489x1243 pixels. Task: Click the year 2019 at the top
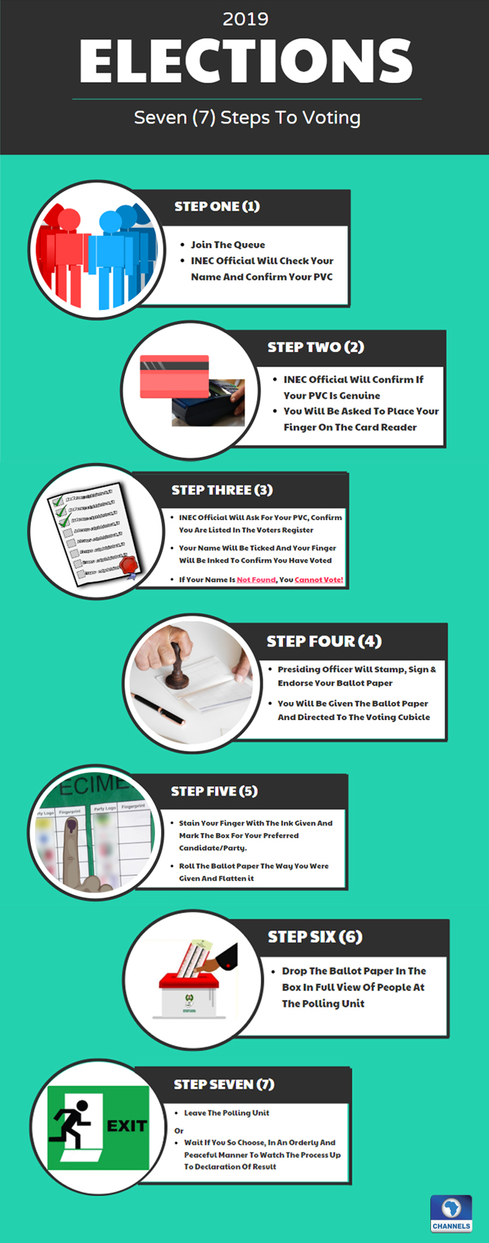coord(245,19)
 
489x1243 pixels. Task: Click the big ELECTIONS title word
coord(245,62)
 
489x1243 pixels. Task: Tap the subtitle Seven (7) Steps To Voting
coord(247,117)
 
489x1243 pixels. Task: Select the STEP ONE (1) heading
coord(217,206)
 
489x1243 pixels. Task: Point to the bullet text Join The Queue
coord(227,245)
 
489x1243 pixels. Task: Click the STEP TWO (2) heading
coord(315,347)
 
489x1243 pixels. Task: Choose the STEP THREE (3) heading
coord(222,490)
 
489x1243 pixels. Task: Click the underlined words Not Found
coord(256,579)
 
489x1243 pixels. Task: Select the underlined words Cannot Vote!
coord(319,579)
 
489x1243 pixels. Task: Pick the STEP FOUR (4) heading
coord(323,641)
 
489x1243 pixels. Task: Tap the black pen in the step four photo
coord(157,708)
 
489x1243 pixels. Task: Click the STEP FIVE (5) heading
coord(214,791)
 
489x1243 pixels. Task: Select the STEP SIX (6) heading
coord(314,937)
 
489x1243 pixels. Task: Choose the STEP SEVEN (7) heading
coord(223,1084)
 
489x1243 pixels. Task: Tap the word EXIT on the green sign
coord(126,1126)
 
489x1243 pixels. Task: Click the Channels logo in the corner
coord(451,1213)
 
